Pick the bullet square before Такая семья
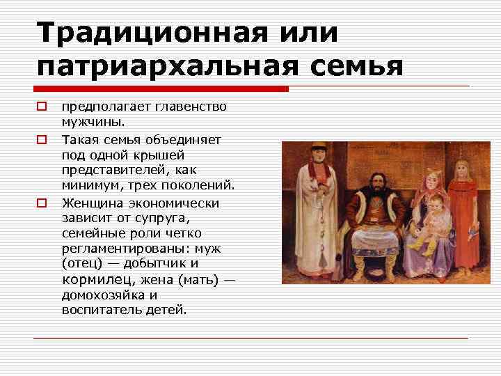tap(42, 139)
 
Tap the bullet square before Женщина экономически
tap(42, 203)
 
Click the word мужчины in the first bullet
tap(92, 123)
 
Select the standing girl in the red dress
tap(461, 202)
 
